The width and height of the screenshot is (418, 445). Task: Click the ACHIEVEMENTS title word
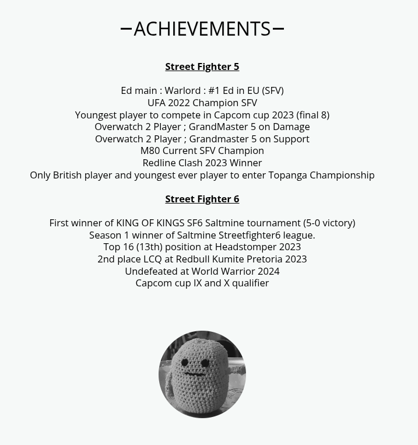(202, 29)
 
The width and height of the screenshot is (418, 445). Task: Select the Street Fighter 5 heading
(202, 66)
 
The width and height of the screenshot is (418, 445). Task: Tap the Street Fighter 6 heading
(202, 199)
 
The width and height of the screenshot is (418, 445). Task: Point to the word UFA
(156, 103)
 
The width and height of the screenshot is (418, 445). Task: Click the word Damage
(291, 127)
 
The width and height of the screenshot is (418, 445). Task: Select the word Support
(291, 139)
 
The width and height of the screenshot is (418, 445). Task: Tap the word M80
(150, 150)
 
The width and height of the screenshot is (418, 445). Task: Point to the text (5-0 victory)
(329, 223)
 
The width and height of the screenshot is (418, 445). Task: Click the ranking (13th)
(149, 247)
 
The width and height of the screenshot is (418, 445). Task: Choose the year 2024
(268, 271)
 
